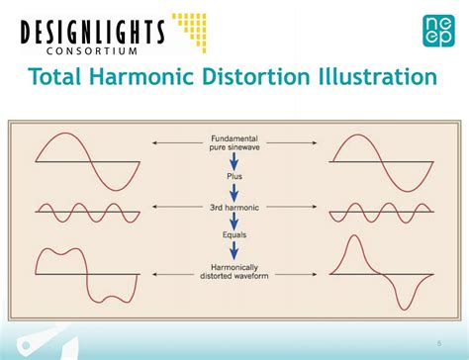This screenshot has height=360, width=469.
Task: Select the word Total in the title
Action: pos(58,78)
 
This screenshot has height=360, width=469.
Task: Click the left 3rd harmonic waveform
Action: pos(82,211)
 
